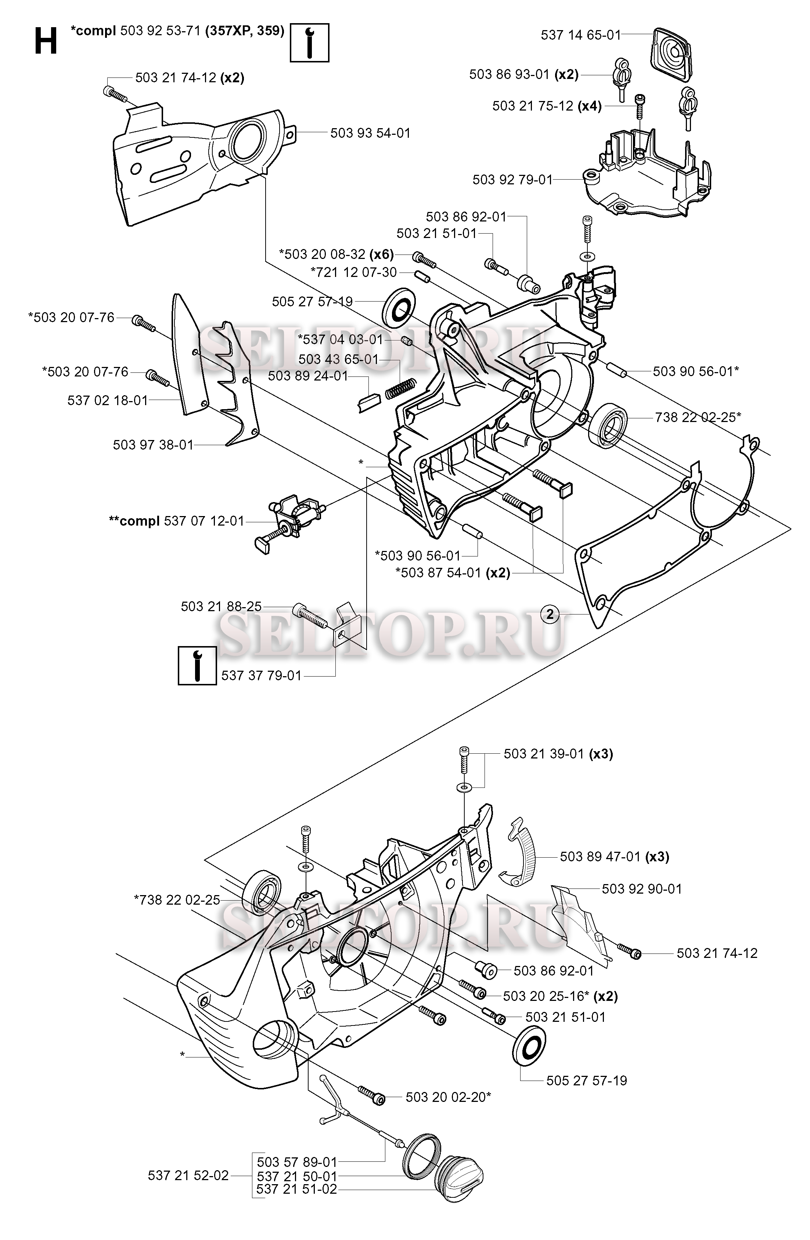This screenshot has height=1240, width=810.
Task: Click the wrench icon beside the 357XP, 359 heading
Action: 310,43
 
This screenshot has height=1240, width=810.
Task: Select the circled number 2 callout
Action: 550,614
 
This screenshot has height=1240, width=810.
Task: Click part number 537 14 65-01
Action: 581,35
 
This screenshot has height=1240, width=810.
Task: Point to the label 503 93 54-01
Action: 371,133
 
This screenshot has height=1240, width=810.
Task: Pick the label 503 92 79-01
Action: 512,179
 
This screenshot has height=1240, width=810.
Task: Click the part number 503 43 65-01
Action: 339,359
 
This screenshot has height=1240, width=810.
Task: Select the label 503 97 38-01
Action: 153,444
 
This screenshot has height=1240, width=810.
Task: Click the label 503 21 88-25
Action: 222,606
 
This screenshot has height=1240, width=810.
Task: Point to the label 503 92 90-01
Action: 642,889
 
